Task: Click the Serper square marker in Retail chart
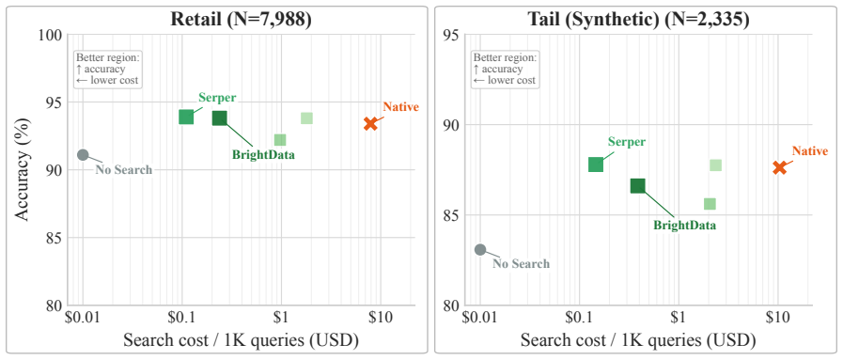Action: [x=186, y=117]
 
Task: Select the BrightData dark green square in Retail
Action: [x=219, y=118]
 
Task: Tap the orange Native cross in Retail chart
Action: [x=370, y=123]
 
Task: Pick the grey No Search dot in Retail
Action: [x=83, y=155]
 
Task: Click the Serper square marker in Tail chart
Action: [x=596, y=164]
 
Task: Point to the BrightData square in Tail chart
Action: [x=637, y=186]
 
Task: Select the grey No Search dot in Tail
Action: [x=480, y=250]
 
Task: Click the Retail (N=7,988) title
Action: [x=241, y=20]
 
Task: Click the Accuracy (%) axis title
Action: [x=22, y=168]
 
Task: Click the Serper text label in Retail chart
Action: [x=217, y=97]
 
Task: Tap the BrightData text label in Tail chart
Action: [x=684, y=226]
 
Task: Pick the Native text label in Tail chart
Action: [x=810, y=151]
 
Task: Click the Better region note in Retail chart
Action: [x=107, y=69]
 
